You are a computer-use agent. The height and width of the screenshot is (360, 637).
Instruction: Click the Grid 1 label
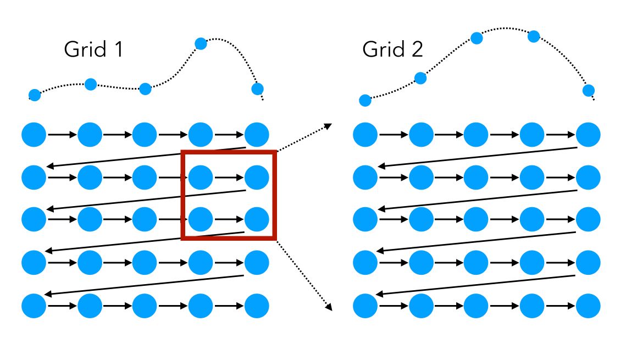[93, 49]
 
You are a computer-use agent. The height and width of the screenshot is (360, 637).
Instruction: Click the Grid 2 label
[392, 49]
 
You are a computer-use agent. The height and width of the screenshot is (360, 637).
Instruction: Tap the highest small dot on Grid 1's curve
[201, 43]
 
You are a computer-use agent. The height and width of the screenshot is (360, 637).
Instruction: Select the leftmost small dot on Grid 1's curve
[35, 95]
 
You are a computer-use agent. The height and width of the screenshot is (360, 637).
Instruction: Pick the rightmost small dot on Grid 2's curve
[589, 90]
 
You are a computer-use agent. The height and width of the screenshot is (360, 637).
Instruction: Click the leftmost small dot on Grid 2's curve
[365, 101]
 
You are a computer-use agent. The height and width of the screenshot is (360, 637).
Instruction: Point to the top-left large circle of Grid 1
[34, 135]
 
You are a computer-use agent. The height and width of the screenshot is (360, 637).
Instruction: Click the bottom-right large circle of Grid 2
[588, 306]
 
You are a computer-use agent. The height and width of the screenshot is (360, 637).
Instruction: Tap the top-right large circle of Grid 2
[588, 135]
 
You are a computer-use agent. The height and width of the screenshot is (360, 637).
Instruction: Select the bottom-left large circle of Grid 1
[34, 306]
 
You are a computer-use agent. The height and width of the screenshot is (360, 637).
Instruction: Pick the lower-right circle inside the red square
[257, 220]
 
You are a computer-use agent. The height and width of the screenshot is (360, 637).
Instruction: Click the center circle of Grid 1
[145, 220]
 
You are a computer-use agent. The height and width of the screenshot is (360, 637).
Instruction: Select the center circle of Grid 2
[477, 220]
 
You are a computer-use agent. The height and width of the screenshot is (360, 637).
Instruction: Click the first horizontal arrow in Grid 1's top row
[62, 135]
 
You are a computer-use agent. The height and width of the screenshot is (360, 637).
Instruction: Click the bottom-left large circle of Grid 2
[365, 306]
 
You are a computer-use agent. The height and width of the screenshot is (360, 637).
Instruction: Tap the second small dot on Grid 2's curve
[420, 78]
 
